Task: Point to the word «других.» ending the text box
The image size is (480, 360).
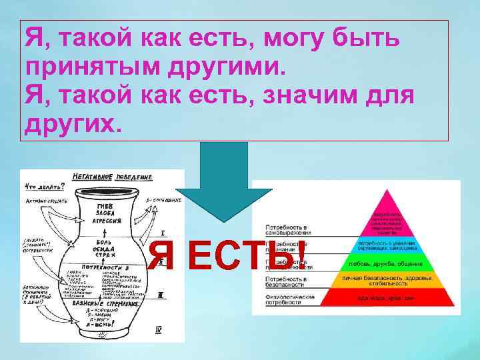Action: pos(73,124)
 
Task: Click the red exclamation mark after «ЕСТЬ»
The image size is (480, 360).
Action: pos(301,255)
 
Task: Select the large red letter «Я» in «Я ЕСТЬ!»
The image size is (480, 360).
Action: pos(163,256)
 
